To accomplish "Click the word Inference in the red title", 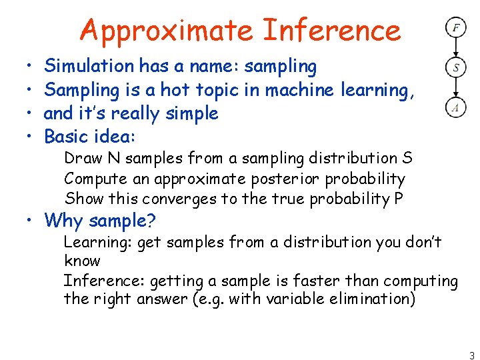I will [331, 31].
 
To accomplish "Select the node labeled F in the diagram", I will [456, 28].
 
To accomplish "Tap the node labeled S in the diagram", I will [456, 67].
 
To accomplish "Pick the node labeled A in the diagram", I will [456, 107].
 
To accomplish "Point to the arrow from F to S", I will [456, 47].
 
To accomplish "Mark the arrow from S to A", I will [456, 87].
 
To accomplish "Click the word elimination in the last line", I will [374, 299].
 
